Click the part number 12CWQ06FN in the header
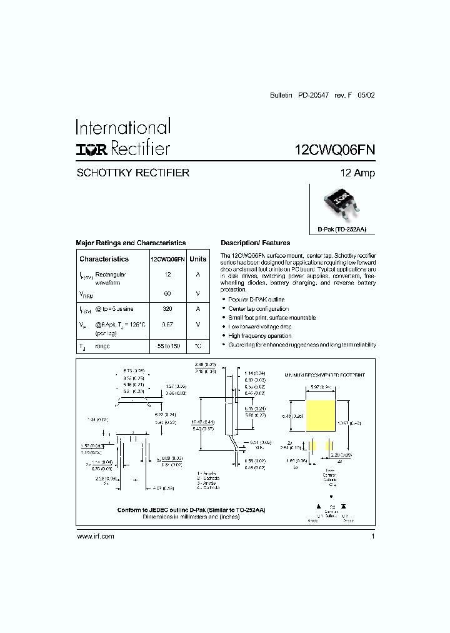tap(334, 150)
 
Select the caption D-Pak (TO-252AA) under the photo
tap(341, 230)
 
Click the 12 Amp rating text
tap(357, 173)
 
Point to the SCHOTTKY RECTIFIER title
tap(132, 173)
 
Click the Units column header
tap(197, 259)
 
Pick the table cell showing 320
tap(167, 309)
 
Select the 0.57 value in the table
tap(167, 325)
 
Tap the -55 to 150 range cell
tap(167, 346)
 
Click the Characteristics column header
tap(104, 259)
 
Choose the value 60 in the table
tap(167, 293)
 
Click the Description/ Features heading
tap(255, 243)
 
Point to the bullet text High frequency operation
tap(259, 336)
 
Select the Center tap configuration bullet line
tap(258, 309)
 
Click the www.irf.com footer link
tap(95, 537)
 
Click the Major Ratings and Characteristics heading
tap(131, 243)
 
